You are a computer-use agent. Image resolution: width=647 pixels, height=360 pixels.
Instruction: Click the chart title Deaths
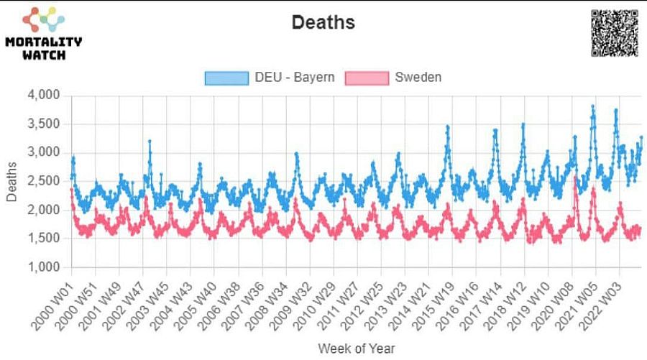(323, 22)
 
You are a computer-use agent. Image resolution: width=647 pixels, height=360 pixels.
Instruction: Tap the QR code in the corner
(615, 33)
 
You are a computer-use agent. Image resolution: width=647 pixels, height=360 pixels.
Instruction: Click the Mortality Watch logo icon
(43, 21)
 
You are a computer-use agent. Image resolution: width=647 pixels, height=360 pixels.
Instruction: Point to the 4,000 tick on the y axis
(45, 96)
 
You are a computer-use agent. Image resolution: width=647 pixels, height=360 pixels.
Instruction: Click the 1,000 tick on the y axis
(45, 267)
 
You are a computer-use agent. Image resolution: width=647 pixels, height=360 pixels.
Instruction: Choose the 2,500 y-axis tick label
(45, 181)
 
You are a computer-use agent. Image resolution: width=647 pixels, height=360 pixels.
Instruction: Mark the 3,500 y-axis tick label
(45, 124)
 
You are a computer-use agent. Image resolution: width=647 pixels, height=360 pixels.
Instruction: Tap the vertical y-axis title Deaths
(12, 181)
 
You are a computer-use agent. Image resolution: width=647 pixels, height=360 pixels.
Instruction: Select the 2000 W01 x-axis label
(52, 302)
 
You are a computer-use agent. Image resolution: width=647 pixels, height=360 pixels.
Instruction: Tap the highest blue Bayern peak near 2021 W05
(592, 106)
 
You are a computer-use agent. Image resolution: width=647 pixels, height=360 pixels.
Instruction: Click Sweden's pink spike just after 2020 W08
(576, 177)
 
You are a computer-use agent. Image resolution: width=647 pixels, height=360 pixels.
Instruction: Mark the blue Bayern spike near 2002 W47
(150, 142)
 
